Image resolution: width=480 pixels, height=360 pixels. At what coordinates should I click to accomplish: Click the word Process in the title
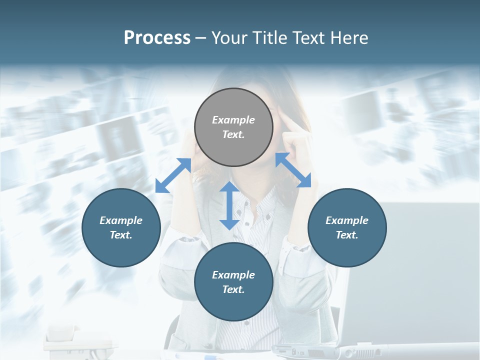pyautogui.click(x=157, y=38)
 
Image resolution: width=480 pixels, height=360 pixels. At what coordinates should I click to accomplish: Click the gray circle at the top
pyautogui.click(x=233, y=127)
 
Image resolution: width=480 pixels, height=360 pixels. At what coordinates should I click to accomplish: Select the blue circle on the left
pyautogui.click(x=121, y=227)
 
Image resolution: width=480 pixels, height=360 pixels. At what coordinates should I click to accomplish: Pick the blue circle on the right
pyautogui.click(x=347, y=227)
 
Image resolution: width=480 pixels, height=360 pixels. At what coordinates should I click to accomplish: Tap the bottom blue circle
pyautogui.click(x=233, y=282)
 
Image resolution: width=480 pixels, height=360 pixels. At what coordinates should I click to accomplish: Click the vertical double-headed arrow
pyautogui.click(x=229, y=205)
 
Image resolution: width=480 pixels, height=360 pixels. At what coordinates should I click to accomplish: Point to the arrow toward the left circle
pyautogui.click(x=173, y=175)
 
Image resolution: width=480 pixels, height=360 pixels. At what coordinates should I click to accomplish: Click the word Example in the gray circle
pyautogui.click(x=233, y=120)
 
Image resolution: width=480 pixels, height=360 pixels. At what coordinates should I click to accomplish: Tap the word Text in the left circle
pyautogui.click(x=121, y=235)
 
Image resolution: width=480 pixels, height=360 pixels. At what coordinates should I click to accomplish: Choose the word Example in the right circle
pyautogui.click(x=347, y=220)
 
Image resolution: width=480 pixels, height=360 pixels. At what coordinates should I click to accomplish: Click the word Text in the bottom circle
pyautogui.click(x=233, y=289)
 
